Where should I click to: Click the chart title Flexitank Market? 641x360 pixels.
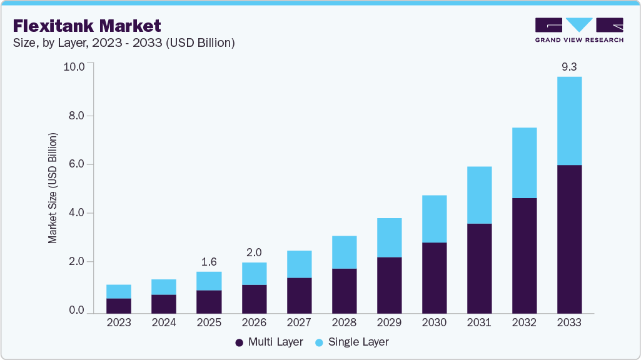(x=87, y=26)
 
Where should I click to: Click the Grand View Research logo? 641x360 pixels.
(x=579, y=29)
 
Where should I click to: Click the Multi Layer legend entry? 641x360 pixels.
(x=270, y=342)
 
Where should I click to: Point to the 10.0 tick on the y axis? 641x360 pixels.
(x=74, y=67)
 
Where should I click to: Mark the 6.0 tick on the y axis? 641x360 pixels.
(x=76, y=164)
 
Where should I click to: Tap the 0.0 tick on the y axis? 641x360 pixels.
(x=76, y=311)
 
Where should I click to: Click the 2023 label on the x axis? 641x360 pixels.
(x=119, y=323)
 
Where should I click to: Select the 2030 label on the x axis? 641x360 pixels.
(x=434, y=323)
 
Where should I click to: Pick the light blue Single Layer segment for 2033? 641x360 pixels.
(x=569, y=121)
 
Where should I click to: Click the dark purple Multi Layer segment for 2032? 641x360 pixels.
(x=524, y=255)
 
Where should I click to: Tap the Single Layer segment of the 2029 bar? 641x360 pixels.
(x=389, y=237)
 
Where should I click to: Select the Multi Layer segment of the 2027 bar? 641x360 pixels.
(x=299, y=295)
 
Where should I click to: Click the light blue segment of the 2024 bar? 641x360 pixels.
(x=164, y=287)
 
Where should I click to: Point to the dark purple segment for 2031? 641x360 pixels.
(x=479, y=268)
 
